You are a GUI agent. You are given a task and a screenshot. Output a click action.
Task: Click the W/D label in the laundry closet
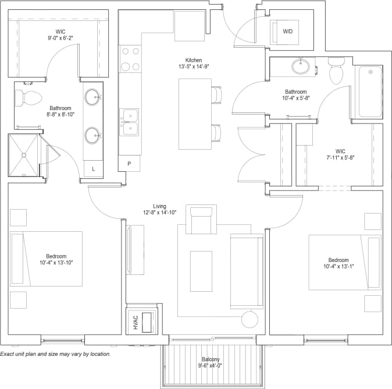tap(287, 31)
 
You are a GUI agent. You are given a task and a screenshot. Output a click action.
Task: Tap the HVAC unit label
tap(135, 322)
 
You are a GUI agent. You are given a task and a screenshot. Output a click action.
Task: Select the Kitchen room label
tap(194, 60)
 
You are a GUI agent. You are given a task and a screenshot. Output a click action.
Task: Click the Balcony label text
tap(211, 360)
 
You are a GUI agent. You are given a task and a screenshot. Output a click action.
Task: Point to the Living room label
tap(159, 206)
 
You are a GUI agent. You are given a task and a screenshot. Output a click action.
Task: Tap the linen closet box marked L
tap(94, 169)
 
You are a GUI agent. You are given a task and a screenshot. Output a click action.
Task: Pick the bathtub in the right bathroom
tap(370, 91)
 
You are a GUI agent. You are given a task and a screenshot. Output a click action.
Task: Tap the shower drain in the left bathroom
tap(24, 155)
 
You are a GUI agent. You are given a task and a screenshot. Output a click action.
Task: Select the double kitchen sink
tap(130, 121)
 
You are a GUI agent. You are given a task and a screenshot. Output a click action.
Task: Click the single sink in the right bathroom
tap(301, 67)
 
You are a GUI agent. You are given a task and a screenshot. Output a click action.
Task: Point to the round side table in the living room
tap(250, 319)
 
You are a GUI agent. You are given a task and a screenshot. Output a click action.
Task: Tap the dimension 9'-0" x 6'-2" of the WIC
tap(60, 38)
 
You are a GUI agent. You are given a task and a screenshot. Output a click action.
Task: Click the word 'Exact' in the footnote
tap(8, 354)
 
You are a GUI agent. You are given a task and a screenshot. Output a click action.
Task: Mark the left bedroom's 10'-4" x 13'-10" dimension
tap(57, 263)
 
